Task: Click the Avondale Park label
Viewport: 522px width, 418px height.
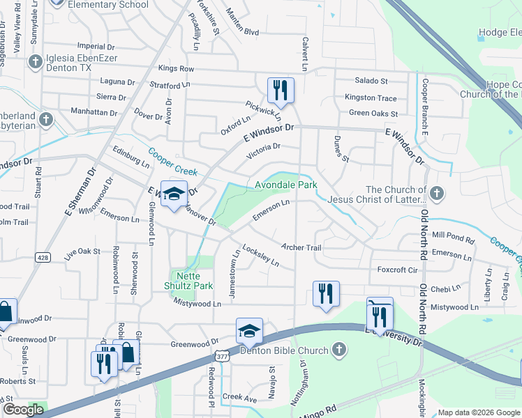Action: pyautogui.click(x=285, y=185)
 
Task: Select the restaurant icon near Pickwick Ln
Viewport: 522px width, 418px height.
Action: pyautogui.click(x=281, y=90)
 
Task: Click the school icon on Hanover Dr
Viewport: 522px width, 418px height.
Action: pyautogui.click(x=172, y=194)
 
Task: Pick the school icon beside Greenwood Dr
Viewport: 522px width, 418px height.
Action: pyautogui.click(x=249, y=331)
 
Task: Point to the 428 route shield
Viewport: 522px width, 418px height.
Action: pyautogui.click(x=43, y=257)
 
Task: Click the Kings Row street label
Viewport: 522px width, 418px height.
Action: pyautogui.click(x=176, y=68)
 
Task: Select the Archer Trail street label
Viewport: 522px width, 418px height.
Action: pyautogui.click(x=301, y=247)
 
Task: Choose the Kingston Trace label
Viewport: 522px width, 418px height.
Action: pyautogui.click(x=371, y=98)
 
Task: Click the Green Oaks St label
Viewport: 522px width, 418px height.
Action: pyautogui.click(x=373, y=114)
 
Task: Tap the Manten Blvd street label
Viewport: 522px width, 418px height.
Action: pyautogui.click(x=241, y=32)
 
